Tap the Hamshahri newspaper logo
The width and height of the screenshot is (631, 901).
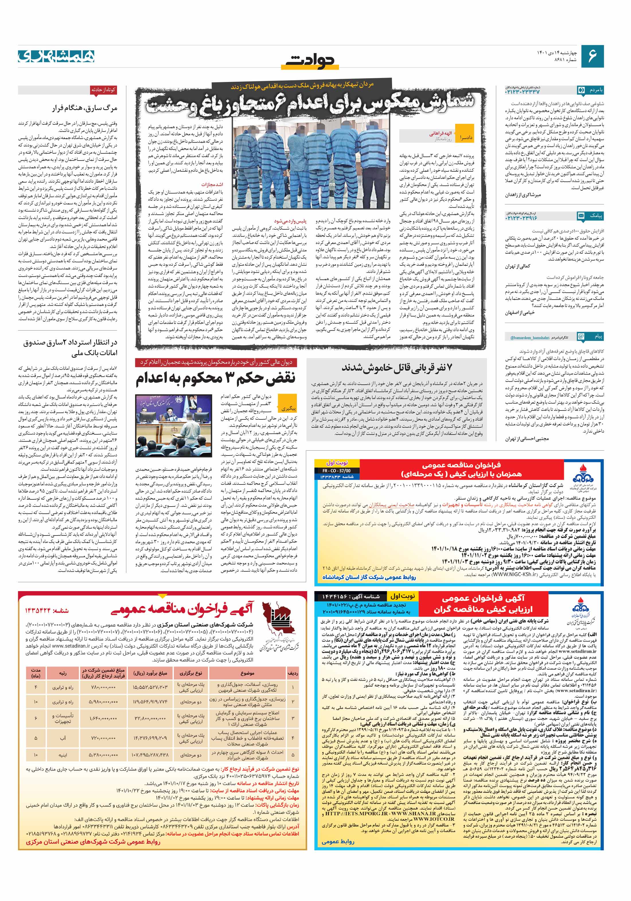click(x=56, y=56)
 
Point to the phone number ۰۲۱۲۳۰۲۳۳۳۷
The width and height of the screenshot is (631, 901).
click(x=523, y=91)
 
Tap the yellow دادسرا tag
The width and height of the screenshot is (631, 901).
click(x=466, y=138)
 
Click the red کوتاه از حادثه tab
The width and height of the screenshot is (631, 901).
click(x=103, y=90)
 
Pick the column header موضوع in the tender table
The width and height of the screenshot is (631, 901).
click(x=247, y=673)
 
